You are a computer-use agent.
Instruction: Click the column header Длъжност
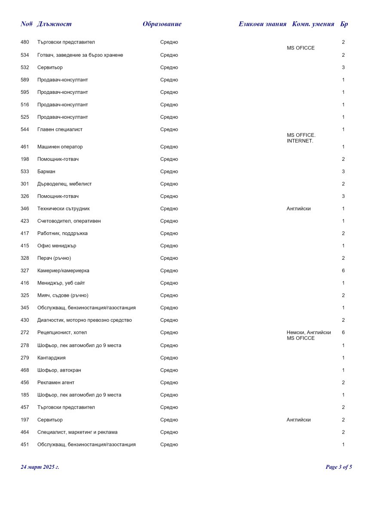[54, 24]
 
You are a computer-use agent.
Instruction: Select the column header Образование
[162, 24]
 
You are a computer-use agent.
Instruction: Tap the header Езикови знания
[262, 24]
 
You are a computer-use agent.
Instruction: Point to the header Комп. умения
[313, 24]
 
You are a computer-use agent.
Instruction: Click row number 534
[25, 55]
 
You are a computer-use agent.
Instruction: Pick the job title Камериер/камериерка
[63, 271]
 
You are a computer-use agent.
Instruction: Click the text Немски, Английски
[309, 332]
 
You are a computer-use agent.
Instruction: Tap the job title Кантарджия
[52, 358]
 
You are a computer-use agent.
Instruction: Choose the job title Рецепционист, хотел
[62, 332]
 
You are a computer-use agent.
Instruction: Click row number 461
[25, 147]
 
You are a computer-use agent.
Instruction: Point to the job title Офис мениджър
[57, 246]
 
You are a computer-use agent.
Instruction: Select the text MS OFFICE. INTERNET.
[300, 138]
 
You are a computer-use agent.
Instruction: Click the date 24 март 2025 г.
[40, 467]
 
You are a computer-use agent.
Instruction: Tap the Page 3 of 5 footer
[339, 467]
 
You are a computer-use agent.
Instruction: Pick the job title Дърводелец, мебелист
[64, 184]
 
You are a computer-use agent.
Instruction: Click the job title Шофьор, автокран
[59, 370]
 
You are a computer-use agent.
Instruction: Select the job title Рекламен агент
[56, 383]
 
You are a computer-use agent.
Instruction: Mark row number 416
[25, 283]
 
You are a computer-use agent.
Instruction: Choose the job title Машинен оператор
[60, 147]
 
